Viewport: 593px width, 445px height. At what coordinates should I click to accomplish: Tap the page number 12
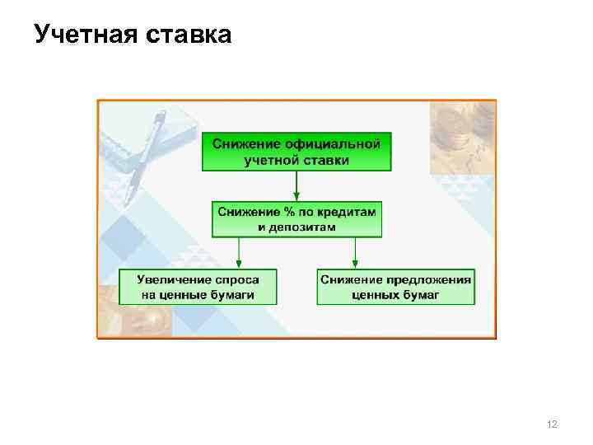(552, 424)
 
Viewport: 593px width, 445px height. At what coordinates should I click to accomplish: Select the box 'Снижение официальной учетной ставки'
(296, 152)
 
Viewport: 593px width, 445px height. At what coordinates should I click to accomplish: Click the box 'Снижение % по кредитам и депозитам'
(296, 219)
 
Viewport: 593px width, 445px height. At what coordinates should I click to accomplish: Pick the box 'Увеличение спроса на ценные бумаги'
(198, 286)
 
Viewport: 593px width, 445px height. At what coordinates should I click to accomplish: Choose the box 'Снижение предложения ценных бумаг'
(396, 286)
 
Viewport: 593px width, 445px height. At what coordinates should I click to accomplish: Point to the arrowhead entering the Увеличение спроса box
(239, 263)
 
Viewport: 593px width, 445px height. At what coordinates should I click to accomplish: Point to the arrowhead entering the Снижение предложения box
(355, 263)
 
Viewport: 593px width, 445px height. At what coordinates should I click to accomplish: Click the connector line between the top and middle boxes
(296, 185)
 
